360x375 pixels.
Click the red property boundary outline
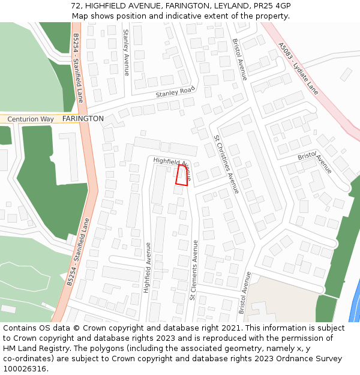(182, 175)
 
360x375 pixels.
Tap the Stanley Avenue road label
(126, 53)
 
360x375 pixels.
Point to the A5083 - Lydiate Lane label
(298, 67)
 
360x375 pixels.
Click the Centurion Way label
(30, 119)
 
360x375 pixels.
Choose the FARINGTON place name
(83, 119)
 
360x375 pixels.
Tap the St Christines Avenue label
(227, 164)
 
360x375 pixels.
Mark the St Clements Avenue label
(194, 270)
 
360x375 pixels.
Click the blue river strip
(354, 300)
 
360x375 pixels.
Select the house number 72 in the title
(76, 5)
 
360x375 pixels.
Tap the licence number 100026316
(25, 369)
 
